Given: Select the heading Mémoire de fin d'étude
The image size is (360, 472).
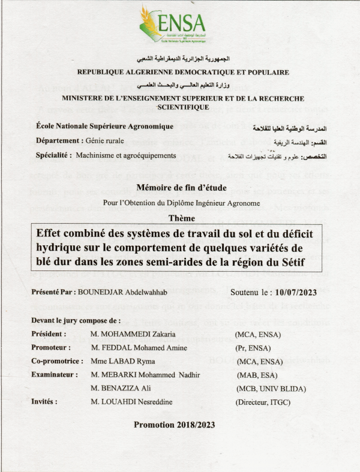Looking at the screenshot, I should point(181,188).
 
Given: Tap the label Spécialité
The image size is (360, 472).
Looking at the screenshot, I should point(55,155).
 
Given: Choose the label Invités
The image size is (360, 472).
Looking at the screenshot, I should point(44,401).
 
